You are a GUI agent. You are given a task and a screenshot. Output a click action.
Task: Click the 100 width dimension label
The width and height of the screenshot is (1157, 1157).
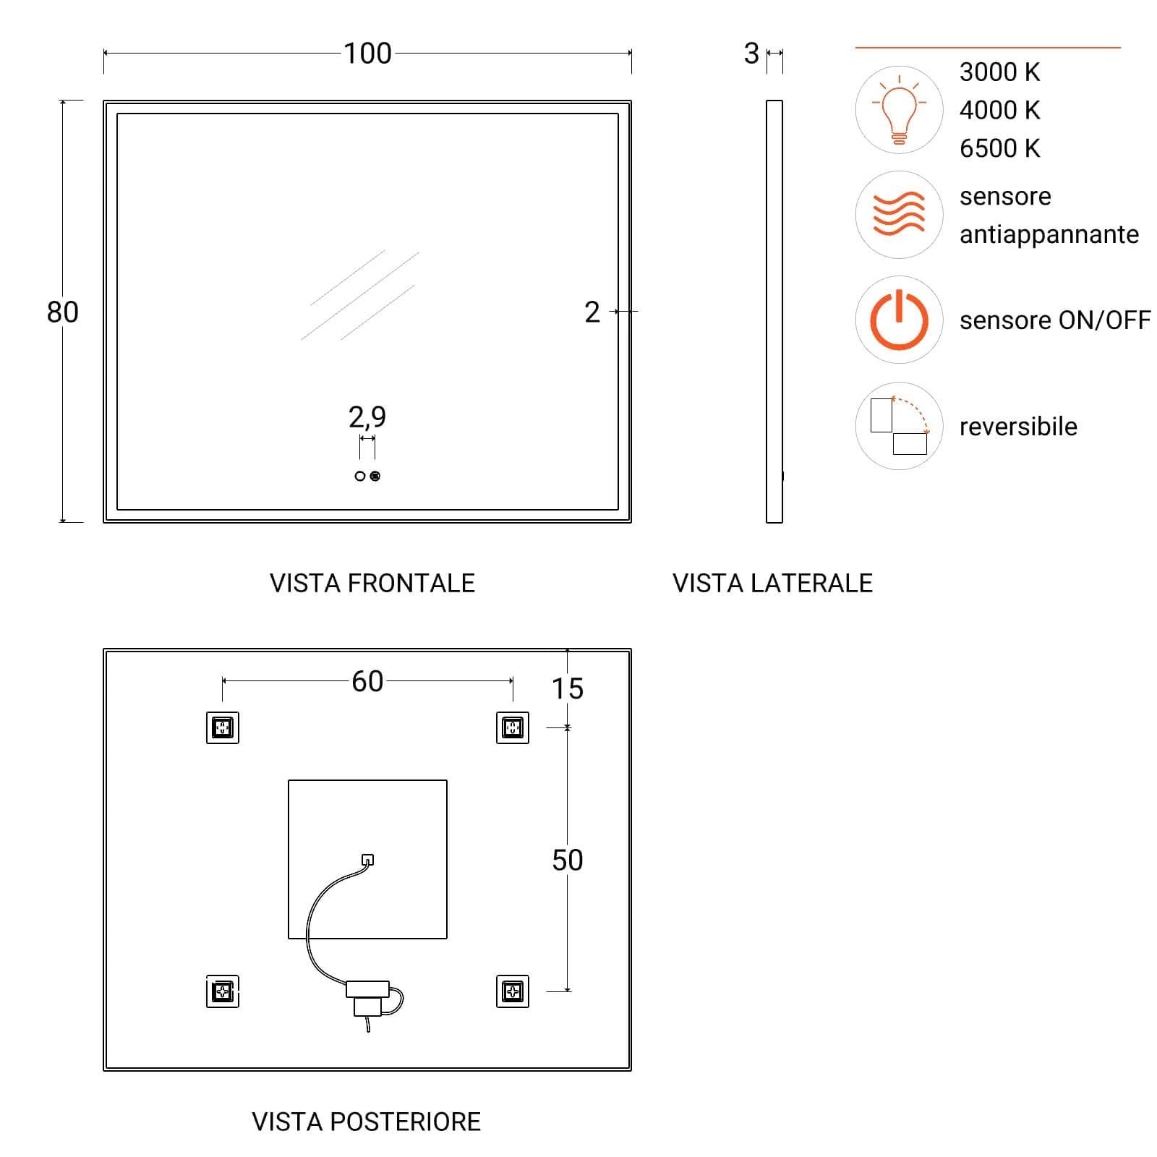click(367, 54)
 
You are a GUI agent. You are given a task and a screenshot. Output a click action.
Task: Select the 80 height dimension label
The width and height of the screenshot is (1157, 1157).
click(62, 312)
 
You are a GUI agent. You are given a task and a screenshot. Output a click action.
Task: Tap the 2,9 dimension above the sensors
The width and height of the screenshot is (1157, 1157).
click(367, 417)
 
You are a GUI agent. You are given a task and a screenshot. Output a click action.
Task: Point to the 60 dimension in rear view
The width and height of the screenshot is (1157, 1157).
click(367, 681)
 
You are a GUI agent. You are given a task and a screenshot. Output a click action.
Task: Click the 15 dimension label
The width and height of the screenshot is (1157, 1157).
click(568, 688)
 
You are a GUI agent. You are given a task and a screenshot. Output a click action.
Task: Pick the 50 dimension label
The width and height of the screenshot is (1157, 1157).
click(568, 861)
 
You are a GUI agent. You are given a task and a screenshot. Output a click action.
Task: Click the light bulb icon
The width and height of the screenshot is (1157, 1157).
click(899, 110)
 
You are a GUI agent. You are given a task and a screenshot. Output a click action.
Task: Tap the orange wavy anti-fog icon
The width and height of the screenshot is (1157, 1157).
click(899, 214)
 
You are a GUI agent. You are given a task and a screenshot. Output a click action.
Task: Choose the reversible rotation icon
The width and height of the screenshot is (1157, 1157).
click(899, 426)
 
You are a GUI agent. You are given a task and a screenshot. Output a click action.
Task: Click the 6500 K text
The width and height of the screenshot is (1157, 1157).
click(999, 148)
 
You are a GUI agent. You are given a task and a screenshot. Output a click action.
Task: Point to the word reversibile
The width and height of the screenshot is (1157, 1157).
click(1018, 427)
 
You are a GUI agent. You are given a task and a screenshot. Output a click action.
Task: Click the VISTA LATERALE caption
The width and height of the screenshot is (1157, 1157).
click(772, 584)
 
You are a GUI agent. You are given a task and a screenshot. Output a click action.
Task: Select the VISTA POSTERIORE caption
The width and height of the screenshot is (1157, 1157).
click(366, 1122)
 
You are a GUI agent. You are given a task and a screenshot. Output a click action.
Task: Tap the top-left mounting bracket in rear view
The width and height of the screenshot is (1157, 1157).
click(222, 727)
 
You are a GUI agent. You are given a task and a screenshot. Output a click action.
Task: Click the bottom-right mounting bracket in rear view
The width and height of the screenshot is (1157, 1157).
click(513, 991)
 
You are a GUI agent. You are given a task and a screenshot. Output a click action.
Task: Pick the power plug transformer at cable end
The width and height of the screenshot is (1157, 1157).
click(367, 998)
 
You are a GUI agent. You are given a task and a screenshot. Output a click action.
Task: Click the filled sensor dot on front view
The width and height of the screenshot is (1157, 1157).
click(375, 476)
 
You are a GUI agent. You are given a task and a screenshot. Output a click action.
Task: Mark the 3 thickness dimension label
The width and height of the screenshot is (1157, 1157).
click(751, 54)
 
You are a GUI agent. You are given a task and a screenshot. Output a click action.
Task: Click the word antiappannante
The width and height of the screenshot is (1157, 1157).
click(1049, 235)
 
